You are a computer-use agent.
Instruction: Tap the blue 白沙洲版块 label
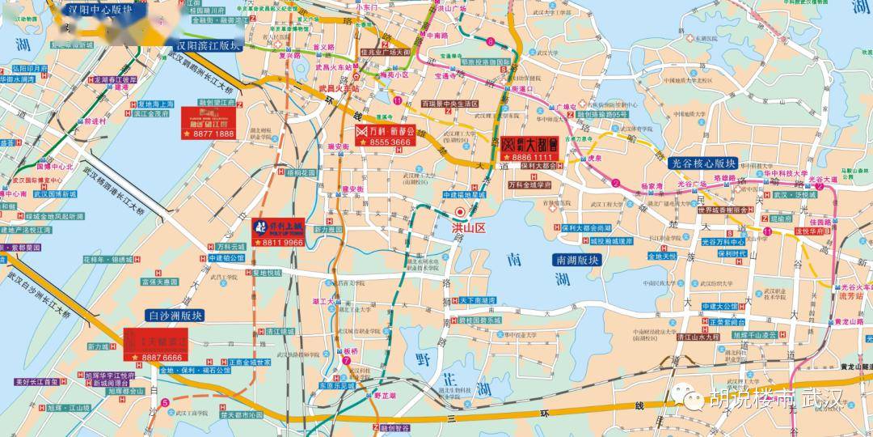[175, 316]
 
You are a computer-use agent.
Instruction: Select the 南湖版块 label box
[577, 261]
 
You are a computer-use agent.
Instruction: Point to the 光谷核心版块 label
[703, 163]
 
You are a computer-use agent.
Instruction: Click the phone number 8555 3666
[389, 142]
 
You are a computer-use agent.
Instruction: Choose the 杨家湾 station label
[652, 185]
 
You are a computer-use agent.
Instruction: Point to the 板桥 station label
[350, 351]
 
